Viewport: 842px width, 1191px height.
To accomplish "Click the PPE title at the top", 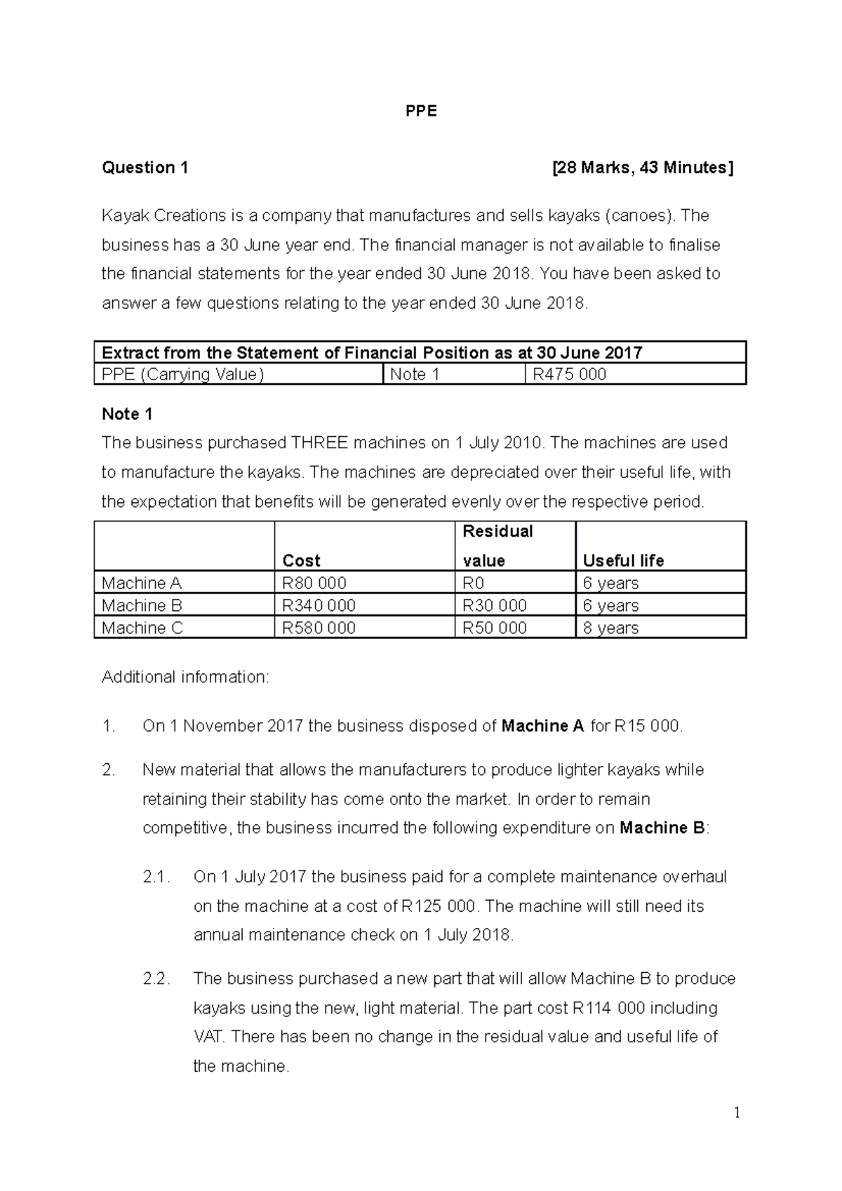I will [x=421, y=112].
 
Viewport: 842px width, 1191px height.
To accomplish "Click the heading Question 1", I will [x=145, y=168].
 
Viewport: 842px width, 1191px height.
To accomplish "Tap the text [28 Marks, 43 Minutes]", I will [x=643, y=168].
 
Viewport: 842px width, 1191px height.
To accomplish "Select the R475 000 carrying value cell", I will [x=569, y=375].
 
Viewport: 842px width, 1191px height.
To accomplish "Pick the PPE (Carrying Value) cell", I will [x=182, y=375].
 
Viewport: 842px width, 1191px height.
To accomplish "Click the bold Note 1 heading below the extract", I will [x=127, y=414].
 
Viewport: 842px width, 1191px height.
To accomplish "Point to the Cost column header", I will [x=301, y=560].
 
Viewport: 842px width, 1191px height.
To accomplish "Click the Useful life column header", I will [x=623, y=560].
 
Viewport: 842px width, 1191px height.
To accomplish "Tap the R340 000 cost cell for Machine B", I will [x=319, y=605].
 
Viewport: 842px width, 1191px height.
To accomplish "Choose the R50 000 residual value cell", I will [x=495, y=628].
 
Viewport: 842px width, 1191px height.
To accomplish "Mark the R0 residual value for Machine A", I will [x=474, y=583].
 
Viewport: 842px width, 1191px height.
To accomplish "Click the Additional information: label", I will [x=185, y=677].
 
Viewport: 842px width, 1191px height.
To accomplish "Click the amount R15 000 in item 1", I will [x=646, y=726].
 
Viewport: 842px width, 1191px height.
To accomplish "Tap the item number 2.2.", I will [x=156, y=979].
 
